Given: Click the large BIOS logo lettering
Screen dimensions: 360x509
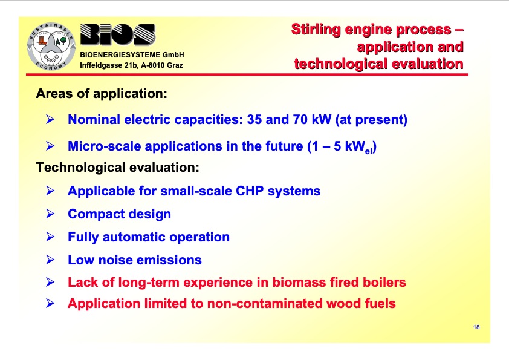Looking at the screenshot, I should pos(117,37).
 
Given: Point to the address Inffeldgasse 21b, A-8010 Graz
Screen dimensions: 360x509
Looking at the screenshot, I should pos(132,65).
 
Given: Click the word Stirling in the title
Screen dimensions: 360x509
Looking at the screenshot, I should pos(315,29).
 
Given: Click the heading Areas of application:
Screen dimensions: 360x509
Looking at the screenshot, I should pos(101,94).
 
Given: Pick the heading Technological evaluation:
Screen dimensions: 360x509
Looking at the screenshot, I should pos(117,167).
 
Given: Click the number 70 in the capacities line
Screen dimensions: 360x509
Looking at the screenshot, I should pos(300,120).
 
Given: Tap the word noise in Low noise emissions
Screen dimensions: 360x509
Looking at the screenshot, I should pos(113,260).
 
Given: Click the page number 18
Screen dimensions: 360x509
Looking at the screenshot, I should pos(476,327).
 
